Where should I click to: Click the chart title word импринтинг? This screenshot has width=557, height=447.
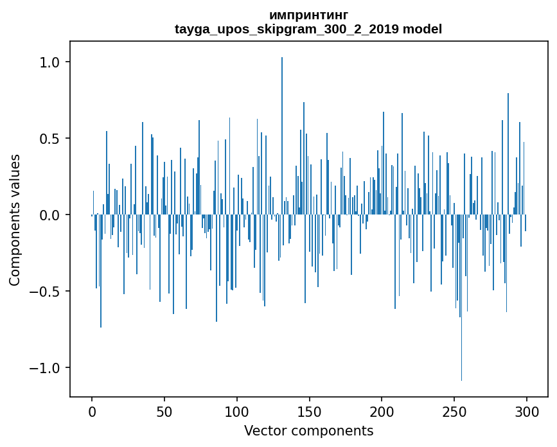point(308,16)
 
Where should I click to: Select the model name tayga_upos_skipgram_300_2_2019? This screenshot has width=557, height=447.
point(287,29)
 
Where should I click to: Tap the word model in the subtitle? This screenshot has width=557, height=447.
point(422,29)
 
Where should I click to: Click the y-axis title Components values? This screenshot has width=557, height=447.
point(15,220)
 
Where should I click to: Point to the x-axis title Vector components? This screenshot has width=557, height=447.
point(308,431)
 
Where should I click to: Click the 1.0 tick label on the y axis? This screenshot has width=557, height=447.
point(49,62)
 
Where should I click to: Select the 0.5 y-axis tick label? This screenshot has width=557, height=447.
point(49,139)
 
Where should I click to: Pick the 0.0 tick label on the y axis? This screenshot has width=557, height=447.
point(49,215)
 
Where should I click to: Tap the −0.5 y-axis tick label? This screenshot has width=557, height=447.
point(44,291)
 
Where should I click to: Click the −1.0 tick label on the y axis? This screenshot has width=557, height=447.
point(44,367)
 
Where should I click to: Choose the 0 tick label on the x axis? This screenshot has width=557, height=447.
point(92,412)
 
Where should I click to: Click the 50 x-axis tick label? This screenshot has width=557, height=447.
point(164,412)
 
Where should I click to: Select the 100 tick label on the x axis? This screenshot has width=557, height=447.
point(236,412)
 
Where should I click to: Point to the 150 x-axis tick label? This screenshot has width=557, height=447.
point(309,412)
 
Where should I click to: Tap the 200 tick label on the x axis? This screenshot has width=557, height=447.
point(382,412)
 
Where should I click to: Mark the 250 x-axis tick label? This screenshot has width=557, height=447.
point(454,412)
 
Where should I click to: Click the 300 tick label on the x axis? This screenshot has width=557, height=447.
point(526,412)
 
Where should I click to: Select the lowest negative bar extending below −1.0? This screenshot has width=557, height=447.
point(461,297)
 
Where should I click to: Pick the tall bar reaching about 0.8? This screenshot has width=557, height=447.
point(508,153)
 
